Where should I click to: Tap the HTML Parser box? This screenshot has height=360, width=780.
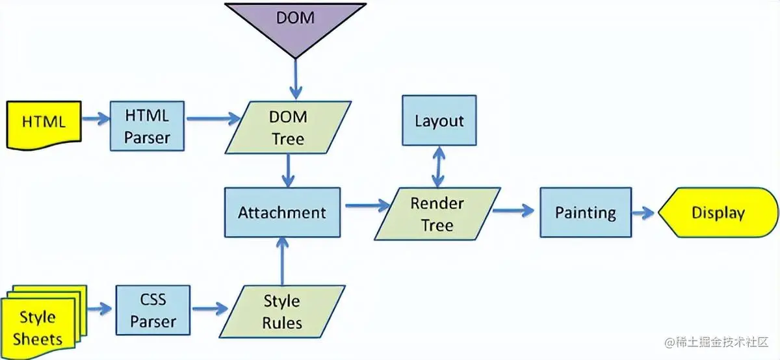[148, 126]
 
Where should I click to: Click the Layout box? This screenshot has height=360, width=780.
[439, 121]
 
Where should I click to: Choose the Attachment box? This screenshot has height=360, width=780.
[282, 212]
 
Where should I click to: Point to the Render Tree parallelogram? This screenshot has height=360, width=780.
[437, 214]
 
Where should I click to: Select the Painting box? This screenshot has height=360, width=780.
[585, 212]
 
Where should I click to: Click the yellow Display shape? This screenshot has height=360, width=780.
[718, 212]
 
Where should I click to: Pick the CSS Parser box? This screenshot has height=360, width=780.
[153, 310]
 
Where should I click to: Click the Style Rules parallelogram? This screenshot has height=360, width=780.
[281, 311]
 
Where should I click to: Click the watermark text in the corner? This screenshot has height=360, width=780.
[715, 342]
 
